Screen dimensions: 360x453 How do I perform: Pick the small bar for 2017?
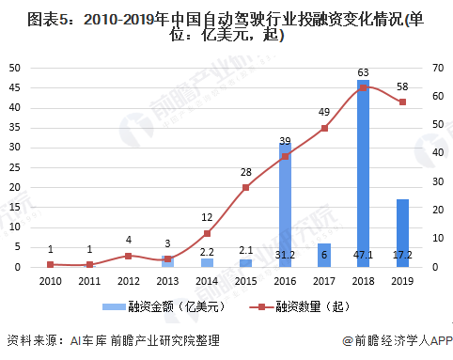tap(324, 255)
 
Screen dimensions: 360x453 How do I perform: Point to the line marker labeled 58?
tap(402, 102)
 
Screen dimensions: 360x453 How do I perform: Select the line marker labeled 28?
tap(245, 187)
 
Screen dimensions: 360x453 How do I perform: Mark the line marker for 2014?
tap(207, 233)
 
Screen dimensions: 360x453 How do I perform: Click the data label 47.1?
tap(363, 254)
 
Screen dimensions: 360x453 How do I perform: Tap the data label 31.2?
tap(285, 254)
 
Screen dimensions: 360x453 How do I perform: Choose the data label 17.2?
tap(402, 254)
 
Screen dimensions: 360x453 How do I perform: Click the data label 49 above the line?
tap(323, 112)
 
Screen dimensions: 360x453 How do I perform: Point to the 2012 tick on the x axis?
tap(128, 280)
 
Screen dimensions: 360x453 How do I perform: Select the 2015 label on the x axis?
tap(245, 280)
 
